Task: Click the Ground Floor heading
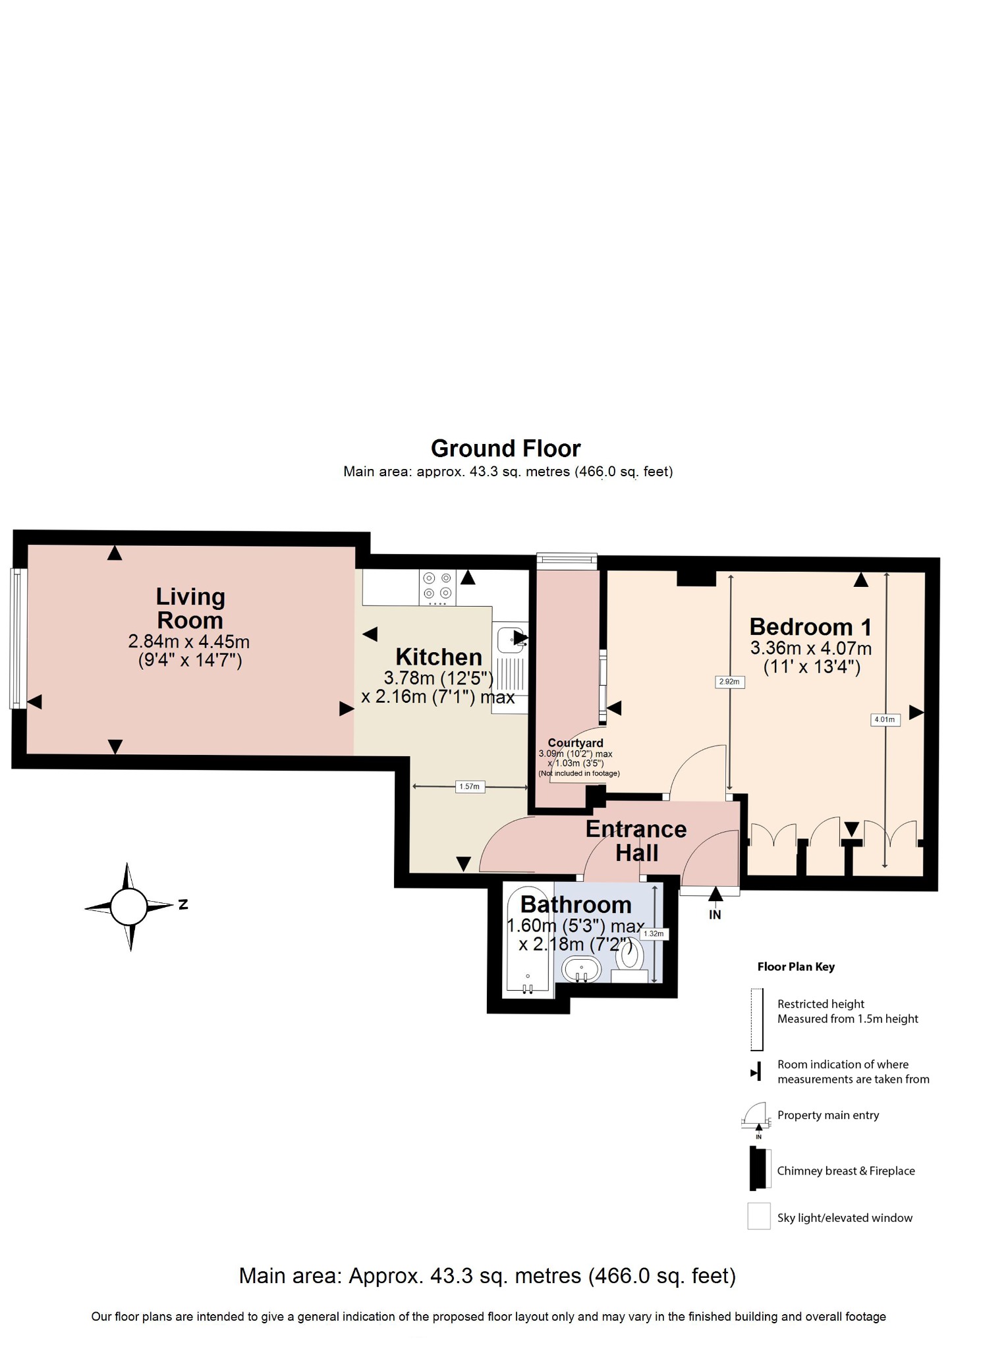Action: tap(505, 449)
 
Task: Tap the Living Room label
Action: tap(190, 608)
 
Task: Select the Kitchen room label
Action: tap(439, 657)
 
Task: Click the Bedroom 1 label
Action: tap(810, 626)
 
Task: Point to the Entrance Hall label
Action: tap(636, 840)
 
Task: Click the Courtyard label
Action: tap(575, 743)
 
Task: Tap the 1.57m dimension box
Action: tap(470, 786)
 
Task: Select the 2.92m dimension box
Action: tap(729, 682)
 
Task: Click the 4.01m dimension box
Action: tap(885, 719)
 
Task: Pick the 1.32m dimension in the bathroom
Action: tap(654, 933)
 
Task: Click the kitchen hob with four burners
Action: tap(437, 587)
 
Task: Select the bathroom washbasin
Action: tap(581, 970)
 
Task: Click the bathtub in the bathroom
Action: tap(528, 949)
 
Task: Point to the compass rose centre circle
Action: tap(129, 906)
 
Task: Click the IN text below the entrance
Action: tap(715, 914)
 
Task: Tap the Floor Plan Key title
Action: tap(796, 966)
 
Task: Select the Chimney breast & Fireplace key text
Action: tap(845, 1170)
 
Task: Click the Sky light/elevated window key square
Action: tap(758, 1216)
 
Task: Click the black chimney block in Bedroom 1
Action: tap(696, 578)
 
